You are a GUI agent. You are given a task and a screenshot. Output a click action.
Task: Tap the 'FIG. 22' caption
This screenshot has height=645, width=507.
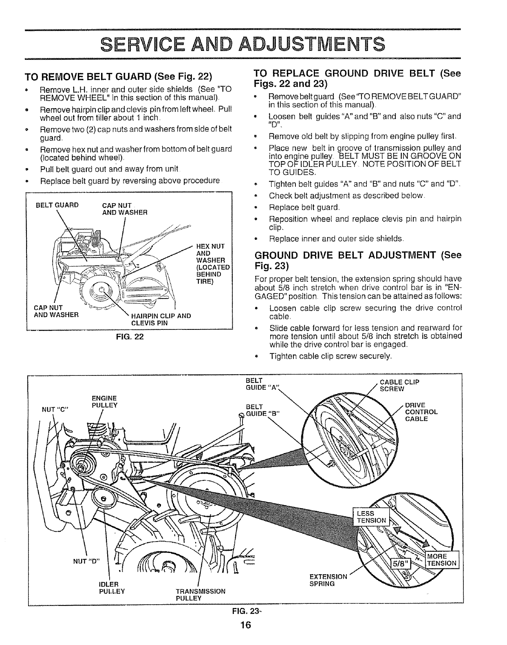[x=130, y=337]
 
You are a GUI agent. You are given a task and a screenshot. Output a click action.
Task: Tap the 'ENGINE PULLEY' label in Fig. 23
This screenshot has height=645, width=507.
[x=105, y=401]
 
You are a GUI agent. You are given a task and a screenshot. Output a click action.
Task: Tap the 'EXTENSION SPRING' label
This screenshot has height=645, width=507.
[x=328, y=580]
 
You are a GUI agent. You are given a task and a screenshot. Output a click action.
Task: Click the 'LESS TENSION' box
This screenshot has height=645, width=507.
[x=371, y=516]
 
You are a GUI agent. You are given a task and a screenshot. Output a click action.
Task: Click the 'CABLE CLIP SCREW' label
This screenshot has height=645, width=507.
[x=399, y=385]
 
